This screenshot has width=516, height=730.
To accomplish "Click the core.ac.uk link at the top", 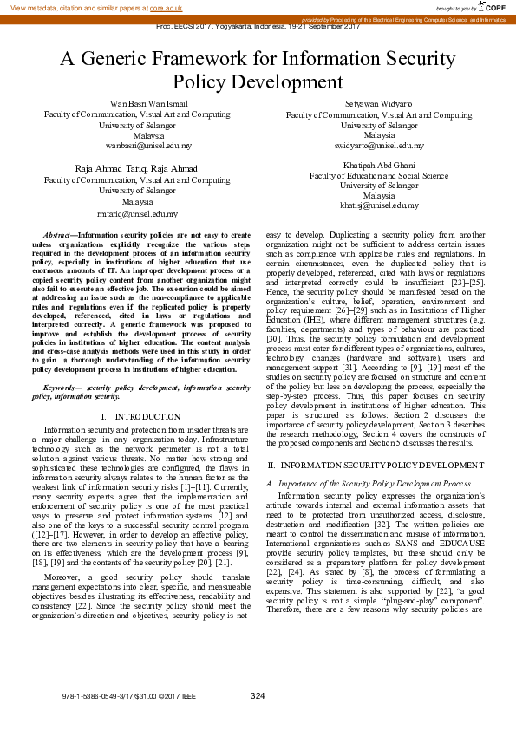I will (x=166, y=7).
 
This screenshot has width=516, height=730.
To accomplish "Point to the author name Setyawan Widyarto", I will (x=379, y=103).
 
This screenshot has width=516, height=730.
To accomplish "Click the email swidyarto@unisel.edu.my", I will (x=379, y=147).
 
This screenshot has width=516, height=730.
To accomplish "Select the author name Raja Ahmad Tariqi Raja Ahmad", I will (x=137, y=168).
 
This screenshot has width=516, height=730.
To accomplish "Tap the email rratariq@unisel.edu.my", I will (x=137, y=212).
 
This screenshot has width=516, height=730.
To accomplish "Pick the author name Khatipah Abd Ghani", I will (x=379, y=164).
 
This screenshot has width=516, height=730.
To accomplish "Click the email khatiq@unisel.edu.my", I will (x=379, y=206).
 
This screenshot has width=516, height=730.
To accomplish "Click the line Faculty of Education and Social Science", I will (x=379, y=175).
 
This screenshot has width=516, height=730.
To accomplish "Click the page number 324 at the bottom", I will (x=258, y=695).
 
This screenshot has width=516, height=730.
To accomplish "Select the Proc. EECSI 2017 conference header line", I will (x=258, y=27).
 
